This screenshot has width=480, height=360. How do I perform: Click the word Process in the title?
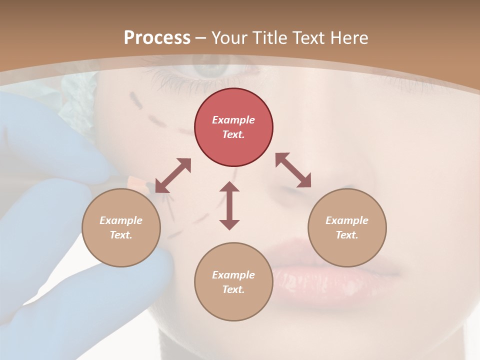click(x=157, y=38)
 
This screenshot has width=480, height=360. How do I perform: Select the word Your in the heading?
click(x=229, y=38)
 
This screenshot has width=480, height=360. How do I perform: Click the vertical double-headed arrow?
click(x=229, y=205)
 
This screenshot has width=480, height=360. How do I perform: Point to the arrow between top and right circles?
click(x=293, y=170)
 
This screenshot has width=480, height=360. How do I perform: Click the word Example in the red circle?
click(x=233, y=120)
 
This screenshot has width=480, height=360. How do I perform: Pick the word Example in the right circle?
click(x=347, y=220)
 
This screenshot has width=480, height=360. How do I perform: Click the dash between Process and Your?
click(x=201, y=38)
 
